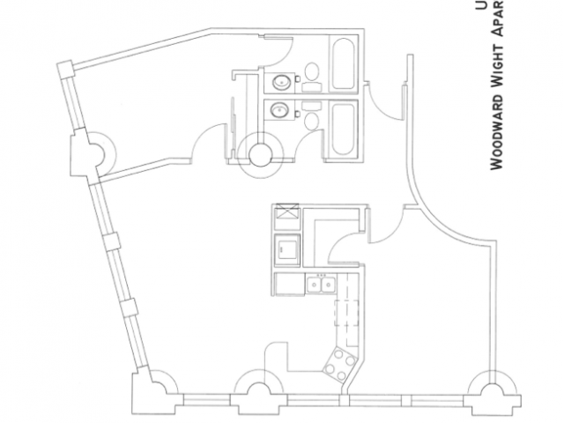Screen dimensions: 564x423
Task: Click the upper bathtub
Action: coord(342,63)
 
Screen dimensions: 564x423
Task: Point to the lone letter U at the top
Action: coord(481,5)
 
